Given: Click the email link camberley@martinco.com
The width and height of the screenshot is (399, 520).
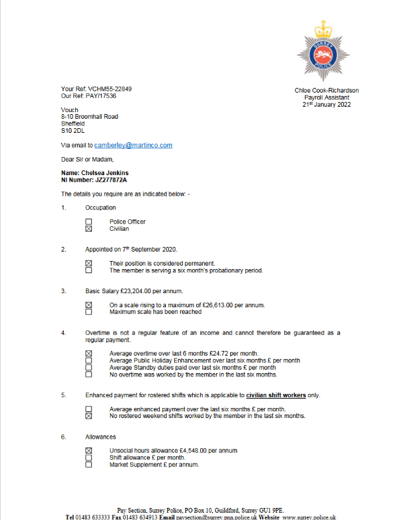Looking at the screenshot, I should tap(133, 145).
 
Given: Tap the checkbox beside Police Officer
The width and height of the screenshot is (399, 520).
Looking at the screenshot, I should tap(89, 221).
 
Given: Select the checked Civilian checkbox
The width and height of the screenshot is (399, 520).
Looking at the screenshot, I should tap(89, 229).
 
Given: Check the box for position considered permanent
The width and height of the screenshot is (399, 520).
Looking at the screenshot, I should tap(89, 263).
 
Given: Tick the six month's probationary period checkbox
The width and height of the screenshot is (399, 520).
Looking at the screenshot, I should tap(89, 270).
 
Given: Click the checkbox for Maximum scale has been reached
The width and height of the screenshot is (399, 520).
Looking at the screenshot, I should tap(89, 312).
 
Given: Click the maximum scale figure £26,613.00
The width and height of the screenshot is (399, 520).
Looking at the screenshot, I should tap(212, 305).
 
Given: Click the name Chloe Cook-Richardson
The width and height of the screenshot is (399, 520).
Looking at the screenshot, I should tap(326, 91).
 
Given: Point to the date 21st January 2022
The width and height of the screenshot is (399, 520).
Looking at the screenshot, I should tap(326, 105).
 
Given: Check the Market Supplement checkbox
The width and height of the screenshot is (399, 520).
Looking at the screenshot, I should tap(89, 464).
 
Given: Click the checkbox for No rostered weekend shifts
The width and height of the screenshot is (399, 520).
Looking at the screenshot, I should tap(89, 416).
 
